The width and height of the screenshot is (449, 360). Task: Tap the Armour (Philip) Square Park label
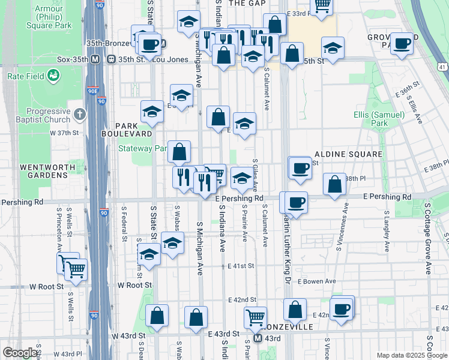pyautogui.click(x=49, y=17)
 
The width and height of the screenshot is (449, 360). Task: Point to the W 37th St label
pyautogui.click(x=64, y=133)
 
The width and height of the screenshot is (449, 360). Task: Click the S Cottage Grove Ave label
pyautogui.click(x=428, y=238)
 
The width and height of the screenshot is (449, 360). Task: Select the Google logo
pyautogui.click(x=20, y=353)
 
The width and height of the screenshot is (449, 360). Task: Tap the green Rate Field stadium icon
pyautogui.click(x=54, y=76)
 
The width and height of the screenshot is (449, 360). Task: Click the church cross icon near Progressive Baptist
pyautogui.click(x=80, y=113)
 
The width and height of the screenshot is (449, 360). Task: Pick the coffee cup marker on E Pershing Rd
pyautogui.click(x=295, y=203)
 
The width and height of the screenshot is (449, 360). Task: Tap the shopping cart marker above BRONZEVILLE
pyautogui.click(x=256, y=317)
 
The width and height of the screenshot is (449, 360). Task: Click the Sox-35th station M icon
pyautogui.click(x=95, y=60)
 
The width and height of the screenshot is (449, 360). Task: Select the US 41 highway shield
pyautogui.click(x=442, y=65)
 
